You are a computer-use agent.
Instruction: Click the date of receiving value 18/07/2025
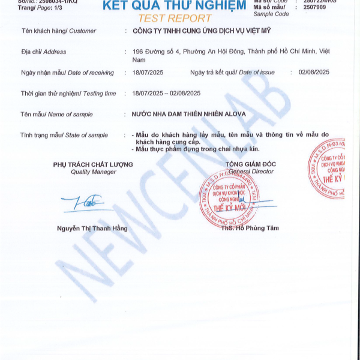pyautogui.click(x=148, y=73)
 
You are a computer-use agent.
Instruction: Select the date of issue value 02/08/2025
pyautogui.click(x=314, y=73)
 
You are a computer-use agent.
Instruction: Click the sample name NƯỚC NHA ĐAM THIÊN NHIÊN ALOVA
pyautogui.click(x=188, y=114)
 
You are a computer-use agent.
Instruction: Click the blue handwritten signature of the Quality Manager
pyautogui.click(x=85, y=205)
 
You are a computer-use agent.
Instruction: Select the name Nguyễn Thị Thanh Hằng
pyautogui.click(x=92, y=228)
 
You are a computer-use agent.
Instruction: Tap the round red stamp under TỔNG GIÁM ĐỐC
pyautogui.click(x=229, y=198)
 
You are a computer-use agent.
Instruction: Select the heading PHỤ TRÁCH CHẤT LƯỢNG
pyautogui.click(x=92, y=164)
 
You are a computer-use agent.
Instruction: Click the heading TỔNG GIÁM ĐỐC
pyautogui.click(x=251, y=164)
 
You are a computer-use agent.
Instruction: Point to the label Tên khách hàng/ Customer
pyautogui.click(x=58, y=30)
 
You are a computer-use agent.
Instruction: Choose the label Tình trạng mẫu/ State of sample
pyautogui.click(x=64, y=135)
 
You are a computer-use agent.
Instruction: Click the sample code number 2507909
pyautogui.click(x=315, y=7)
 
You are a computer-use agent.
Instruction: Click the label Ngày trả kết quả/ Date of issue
pyautogui.click(x=232, y=73)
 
